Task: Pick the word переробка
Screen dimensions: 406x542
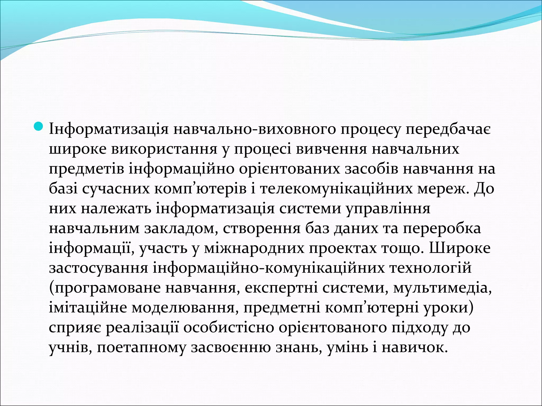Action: pyautogui.click(x=442, y=229)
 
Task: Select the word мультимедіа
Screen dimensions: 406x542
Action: pyautogui.click(x=442, y=288)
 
